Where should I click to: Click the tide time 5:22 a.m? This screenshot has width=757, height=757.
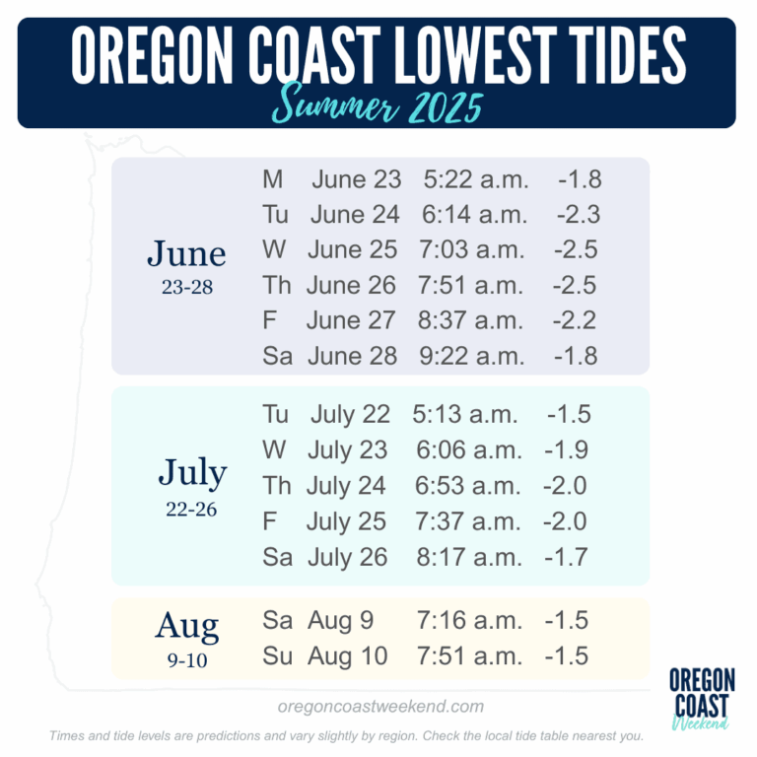click(476, 180)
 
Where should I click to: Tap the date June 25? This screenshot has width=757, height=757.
click(352, 250)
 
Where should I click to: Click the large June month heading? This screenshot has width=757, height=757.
click(186, 253)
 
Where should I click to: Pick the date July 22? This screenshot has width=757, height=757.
click(350, 414)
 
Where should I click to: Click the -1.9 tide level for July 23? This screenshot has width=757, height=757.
click(566, 450)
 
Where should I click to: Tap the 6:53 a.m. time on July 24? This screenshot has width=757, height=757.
click(468, 486)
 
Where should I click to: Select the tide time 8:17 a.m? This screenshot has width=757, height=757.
click(468, 557)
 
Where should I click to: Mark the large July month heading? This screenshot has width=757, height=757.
click(192, 474)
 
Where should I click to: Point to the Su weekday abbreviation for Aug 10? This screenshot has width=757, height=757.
click(277, 656)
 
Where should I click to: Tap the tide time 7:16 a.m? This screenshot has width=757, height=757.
click(468, 621)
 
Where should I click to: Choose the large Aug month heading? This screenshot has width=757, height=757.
click(186, 626)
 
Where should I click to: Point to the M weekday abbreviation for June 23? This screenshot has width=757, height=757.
click(272, 180)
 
